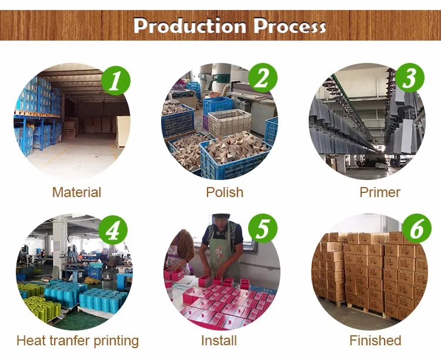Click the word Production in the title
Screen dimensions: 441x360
pyautogui.click(x=190, y=26)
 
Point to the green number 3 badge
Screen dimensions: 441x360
pyautogui.click(x=410, y=78)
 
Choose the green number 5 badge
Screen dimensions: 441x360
pyautogui.click(x=263, y=228)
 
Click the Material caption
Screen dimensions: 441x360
pyautogui.click(x=76, y=192)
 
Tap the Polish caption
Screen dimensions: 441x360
pyautogui.click(x=225, y=192)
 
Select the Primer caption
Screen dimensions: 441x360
pyautogui.click(x=380, y=192)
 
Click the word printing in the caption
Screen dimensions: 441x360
pyautogui.click(x=115, y=341)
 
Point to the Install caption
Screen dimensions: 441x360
pyautogui.click(x=219, y=341)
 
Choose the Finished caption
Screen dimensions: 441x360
pyautogui.click(x=375, y=341)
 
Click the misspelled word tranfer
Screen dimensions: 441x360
pyautogui.click(x=68, y=341)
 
